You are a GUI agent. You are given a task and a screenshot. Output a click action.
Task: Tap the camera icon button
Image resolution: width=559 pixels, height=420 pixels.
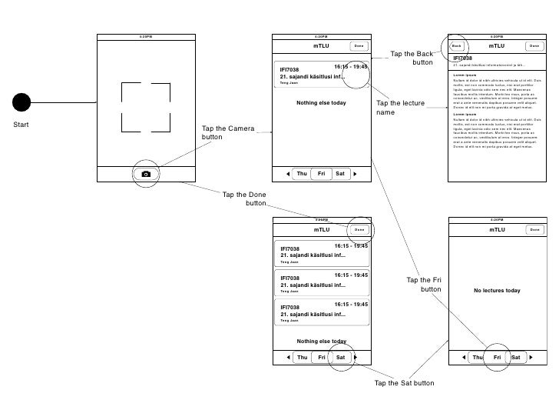146,175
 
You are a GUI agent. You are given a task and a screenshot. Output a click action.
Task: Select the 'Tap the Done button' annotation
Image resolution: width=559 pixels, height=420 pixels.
244,199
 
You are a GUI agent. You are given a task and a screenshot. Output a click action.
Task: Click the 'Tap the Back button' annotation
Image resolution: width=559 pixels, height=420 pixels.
412,58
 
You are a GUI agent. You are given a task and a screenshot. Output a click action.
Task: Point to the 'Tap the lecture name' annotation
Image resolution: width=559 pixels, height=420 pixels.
400,108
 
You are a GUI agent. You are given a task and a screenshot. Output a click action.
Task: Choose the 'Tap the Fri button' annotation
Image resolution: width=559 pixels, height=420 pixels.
424,285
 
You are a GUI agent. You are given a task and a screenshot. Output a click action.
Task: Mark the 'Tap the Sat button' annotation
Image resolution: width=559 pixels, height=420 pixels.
404,383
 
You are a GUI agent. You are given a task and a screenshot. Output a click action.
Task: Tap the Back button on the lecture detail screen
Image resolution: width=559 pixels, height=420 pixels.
457,46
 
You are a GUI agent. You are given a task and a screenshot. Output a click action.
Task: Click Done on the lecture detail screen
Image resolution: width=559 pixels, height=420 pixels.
534,46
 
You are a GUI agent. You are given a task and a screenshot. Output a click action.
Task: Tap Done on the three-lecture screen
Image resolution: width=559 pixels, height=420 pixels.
359,230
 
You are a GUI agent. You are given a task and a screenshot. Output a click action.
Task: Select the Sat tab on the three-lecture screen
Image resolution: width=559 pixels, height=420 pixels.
341,357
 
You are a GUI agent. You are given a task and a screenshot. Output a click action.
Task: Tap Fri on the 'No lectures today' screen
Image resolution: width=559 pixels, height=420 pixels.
497,357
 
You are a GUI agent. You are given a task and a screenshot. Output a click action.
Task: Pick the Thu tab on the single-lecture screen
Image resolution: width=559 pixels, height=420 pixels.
302,174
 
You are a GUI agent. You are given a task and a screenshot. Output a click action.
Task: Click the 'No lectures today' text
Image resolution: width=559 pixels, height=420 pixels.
497,291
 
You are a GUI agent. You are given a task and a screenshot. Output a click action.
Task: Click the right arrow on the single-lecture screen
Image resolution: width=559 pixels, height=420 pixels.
355,174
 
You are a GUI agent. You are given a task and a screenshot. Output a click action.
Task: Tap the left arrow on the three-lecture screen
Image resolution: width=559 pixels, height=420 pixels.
287,357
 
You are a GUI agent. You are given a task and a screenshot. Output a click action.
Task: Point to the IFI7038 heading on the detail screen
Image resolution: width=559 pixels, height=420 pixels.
463,58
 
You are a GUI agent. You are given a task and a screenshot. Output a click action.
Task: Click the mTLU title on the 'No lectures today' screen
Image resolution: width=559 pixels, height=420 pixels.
497,230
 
